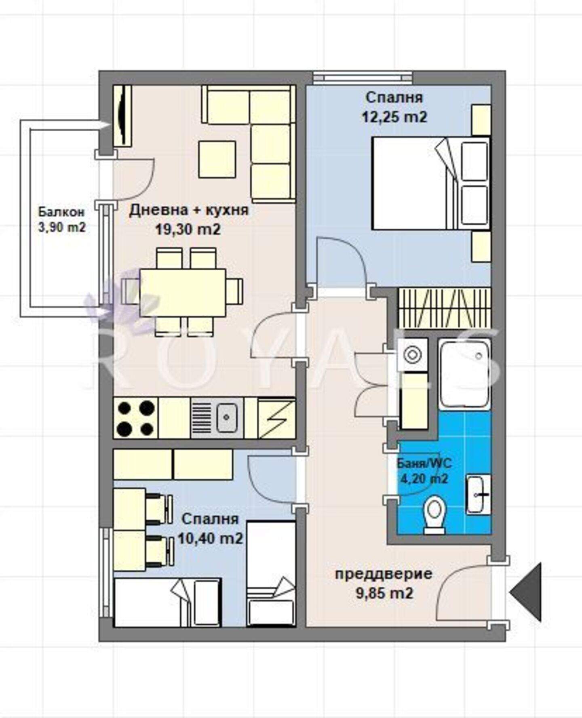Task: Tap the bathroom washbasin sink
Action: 479,494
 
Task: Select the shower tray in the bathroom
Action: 465,374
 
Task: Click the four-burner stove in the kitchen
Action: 136,418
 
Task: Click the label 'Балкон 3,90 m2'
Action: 62,219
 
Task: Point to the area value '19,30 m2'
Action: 188,230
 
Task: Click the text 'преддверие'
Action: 384,574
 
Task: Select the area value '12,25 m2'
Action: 394,117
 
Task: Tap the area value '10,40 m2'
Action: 211,538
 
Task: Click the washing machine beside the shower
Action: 413,355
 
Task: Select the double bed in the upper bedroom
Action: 431,183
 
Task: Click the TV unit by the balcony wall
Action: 122,116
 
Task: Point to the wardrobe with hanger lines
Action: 445,308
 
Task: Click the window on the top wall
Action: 363,78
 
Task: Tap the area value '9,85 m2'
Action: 384,593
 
